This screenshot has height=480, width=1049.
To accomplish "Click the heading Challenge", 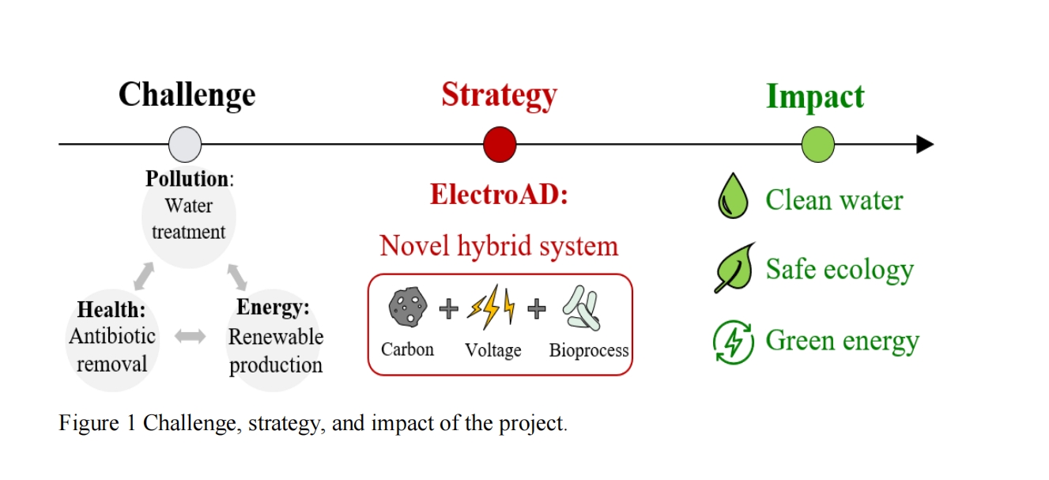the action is click(x=187, y=96).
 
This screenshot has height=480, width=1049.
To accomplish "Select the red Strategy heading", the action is click(x=500, y=96).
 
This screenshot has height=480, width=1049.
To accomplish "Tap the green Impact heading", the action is click(x=815, y=96).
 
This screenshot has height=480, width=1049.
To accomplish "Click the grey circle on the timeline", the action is click(x=185, y=144).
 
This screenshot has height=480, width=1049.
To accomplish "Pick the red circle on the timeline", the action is click(x=500, y=144).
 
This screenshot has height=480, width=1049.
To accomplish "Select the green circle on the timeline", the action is click(x=818, y=144).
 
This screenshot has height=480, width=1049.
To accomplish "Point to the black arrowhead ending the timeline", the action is click(x=925, y=144).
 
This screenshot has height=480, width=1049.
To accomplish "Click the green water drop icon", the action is click(x=733, y=195).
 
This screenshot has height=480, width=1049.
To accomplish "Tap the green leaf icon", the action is click(x=734, y=267).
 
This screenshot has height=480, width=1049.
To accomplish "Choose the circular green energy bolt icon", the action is click(x=734, y=342).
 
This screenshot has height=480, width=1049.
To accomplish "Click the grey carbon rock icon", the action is click(x=408, y=307).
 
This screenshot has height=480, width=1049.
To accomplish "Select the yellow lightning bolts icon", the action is click(x=491, y=307).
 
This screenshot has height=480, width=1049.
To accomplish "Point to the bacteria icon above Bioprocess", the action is click(x=581, y=308).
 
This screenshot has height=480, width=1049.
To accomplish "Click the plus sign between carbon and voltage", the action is click(x=449, y=309).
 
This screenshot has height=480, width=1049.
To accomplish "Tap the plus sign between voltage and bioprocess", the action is click(x=537, y=309).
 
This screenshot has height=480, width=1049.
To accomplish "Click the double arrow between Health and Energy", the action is click(x=191, y=336).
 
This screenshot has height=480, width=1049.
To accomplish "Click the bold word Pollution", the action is click(x=187, y=179).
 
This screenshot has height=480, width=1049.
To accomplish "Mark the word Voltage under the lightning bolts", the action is click(x=493, y=351).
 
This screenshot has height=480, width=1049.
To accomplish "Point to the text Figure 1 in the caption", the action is click(x=97, y=423).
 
